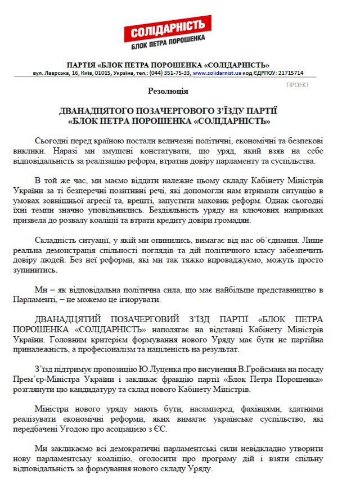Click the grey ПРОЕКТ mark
point(298,85)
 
